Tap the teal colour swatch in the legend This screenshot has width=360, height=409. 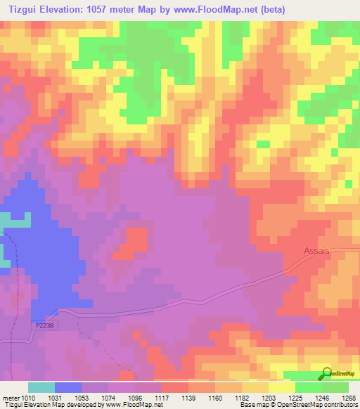[x=41, y=387]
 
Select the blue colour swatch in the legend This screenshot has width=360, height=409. [x=68, y=387]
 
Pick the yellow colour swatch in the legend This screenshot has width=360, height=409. [x=282, y=387]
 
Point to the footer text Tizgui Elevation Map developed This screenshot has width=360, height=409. [x=63, y=405]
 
